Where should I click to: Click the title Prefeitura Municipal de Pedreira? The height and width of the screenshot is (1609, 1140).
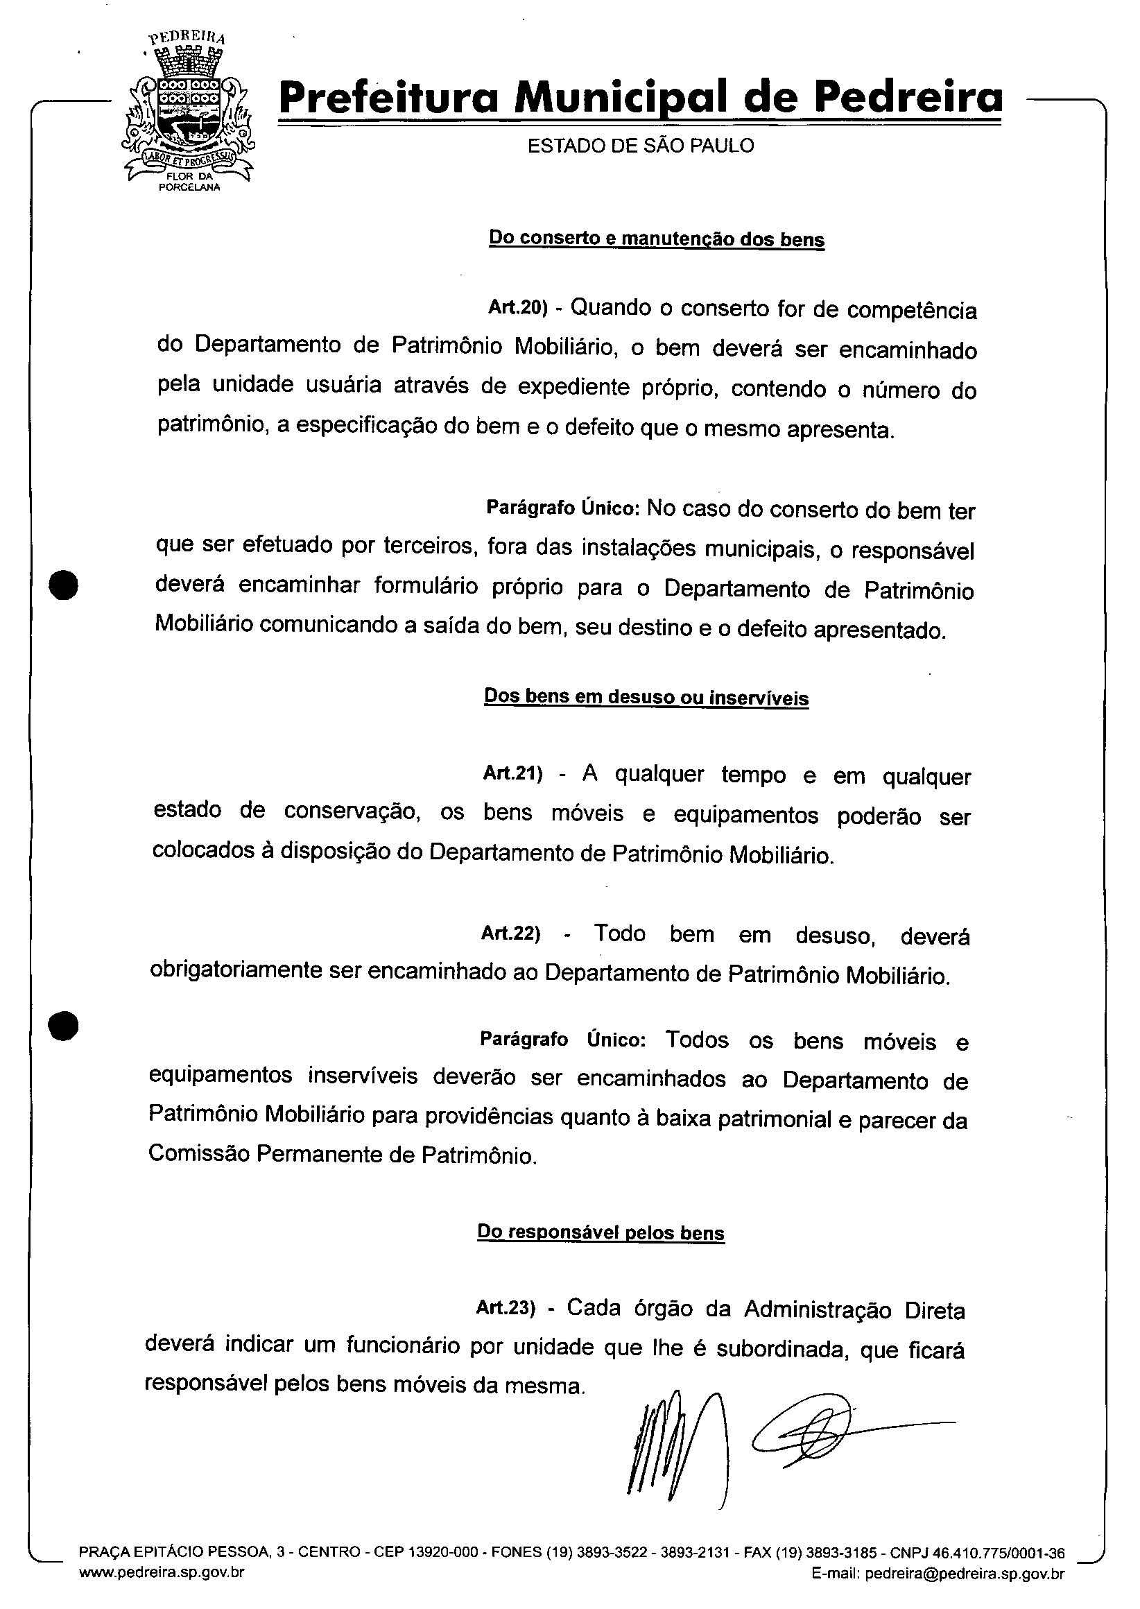[x=640, y=98]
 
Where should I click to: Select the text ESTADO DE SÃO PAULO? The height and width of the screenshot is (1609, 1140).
[x=640, y=146]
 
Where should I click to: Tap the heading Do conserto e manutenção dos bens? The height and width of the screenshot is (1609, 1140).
[x=657, y=239]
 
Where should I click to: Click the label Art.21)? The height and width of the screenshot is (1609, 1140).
[x=512, y=773]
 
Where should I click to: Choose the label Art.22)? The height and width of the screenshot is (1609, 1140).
[x=510, y=933]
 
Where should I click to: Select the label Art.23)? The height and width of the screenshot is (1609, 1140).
[x=506, y=1307]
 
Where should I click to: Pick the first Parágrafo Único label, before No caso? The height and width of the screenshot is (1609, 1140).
[x=562, y=508]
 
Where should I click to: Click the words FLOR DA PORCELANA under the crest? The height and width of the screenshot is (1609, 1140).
[x=189, y=182]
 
